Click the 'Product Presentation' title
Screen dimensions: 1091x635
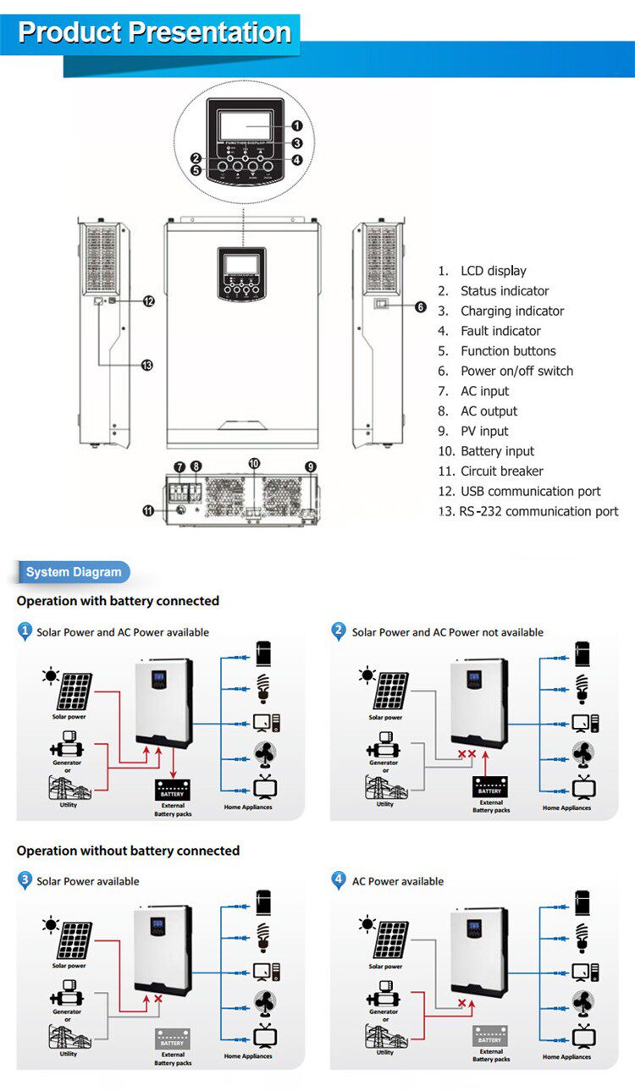154,32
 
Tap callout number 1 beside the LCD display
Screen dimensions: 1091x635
296,126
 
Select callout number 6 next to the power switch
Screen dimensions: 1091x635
421,307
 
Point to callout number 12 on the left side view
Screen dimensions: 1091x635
149,300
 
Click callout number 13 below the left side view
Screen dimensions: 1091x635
146,365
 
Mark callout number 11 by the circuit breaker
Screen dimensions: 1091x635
149,510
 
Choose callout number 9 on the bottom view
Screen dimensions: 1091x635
311,466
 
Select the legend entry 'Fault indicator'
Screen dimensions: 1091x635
500,331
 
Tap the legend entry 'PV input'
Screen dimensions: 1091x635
484,431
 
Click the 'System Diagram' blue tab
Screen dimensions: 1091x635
74,572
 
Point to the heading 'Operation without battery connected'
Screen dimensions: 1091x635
128,851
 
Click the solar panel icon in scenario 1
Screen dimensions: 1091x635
75,692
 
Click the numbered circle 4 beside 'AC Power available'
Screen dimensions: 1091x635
339,880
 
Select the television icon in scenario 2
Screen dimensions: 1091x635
584,787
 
